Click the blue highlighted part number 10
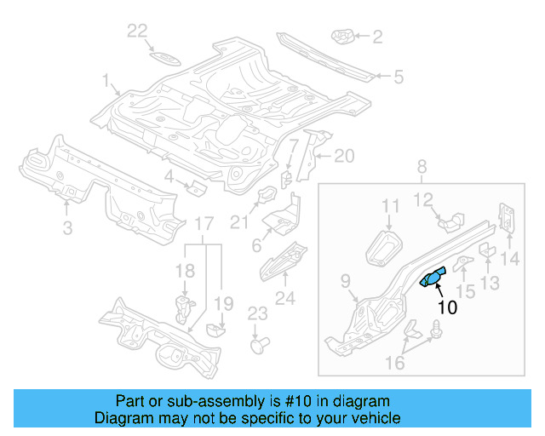coord(433,278)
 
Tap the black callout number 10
coord(446,307)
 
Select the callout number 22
coord(138,32)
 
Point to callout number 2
coord(376,37)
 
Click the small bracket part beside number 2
coord(343,37)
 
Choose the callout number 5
coord(398,77)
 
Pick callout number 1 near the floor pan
coord(107,82)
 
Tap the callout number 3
coord(67,227)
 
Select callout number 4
coord(169,176)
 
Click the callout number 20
coord(342,156)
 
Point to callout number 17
coord(204,224)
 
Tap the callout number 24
coord(284,297)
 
